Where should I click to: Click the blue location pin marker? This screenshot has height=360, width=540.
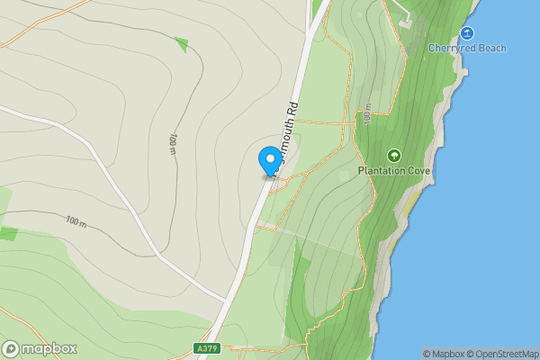tap(269, 161)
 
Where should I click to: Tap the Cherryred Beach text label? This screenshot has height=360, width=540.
tap(467, 49)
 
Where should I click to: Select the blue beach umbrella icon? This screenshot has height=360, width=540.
tap(466, 33)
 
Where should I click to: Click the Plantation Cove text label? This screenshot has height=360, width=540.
tap(394, 171)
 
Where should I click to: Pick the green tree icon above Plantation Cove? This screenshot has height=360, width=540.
tap(394, 156)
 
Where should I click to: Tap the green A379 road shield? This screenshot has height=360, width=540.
tap(207, 347)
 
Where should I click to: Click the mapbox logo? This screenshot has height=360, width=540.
tap(40, 349)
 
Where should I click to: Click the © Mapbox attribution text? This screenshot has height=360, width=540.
tap(444, 354)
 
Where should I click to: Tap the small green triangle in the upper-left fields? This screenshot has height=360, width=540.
tap(182, 43)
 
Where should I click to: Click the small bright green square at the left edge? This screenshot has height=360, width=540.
tap(8, 234)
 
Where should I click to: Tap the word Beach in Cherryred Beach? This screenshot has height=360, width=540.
tap(492, 49)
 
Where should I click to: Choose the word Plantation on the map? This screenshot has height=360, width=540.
tap(382, 171)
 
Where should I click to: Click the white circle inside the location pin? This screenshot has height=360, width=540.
tap(269, 157)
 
